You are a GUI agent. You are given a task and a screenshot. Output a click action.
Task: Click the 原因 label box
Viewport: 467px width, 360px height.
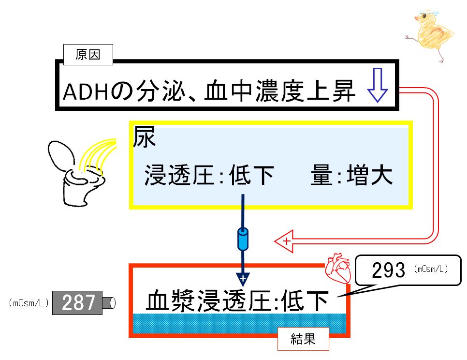point(88,55)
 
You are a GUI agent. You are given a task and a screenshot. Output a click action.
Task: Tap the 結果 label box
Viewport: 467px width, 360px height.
point(303,339)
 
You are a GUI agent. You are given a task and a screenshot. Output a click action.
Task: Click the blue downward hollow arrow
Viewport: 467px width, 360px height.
point(378,85)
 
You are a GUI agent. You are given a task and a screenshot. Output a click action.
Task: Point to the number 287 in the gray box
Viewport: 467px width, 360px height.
point(78,303)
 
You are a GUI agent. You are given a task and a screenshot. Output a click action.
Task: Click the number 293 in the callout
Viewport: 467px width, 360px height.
point(388,270)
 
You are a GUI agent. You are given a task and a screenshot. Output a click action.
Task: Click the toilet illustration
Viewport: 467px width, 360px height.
point(76,173)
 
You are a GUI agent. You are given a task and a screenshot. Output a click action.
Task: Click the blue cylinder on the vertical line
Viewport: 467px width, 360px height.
point(243,240)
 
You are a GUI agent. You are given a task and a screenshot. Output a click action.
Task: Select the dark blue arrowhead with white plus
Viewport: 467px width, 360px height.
point(243,279)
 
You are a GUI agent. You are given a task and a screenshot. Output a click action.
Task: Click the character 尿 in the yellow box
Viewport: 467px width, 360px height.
point(144,137)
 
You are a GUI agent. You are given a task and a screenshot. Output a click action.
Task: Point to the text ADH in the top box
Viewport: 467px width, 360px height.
point(85,92)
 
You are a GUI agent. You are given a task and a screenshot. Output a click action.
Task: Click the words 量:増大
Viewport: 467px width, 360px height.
point(352,175)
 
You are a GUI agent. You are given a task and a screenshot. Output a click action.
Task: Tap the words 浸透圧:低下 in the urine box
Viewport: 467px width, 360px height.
point(209,175)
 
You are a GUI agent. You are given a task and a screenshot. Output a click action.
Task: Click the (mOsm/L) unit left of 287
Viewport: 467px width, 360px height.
point(29,303)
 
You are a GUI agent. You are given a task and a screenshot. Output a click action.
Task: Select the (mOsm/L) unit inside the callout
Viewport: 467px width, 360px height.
point(431,269)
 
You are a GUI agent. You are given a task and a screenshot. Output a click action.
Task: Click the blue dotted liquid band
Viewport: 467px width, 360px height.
point(239,323)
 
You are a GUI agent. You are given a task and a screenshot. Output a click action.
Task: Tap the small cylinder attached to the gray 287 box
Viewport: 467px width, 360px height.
point(109,303)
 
